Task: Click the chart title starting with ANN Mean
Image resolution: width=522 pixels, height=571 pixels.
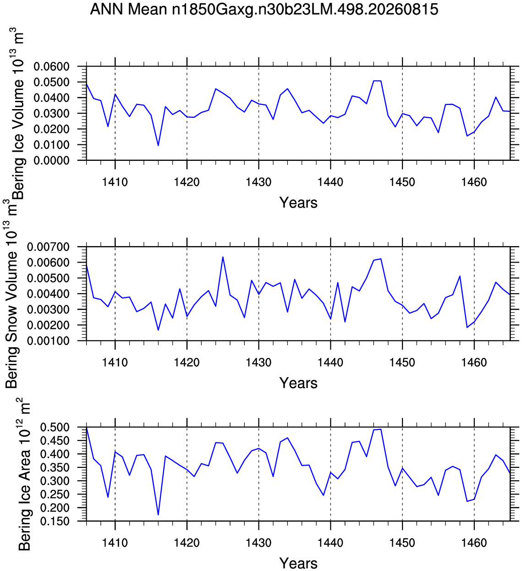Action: point(264,10)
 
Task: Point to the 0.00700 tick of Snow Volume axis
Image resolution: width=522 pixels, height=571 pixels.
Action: point(49,247)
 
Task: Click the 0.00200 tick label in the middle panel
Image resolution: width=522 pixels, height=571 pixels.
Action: point(49,325)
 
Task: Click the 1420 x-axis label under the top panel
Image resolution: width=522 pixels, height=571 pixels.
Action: point(187,182)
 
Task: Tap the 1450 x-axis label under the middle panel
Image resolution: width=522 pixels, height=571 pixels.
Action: point(402,362)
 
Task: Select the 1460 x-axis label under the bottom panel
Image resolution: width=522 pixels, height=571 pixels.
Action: point(474,543)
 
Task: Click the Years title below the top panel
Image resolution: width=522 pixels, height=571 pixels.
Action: point(298,203)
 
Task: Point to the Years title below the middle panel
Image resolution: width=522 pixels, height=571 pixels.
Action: point(298,383)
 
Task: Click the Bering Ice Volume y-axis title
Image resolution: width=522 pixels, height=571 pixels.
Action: point(18,114)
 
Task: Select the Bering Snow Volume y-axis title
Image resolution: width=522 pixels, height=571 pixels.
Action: point(11,294)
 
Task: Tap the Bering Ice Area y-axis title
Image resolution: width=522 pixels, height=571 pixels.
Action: point(24,474)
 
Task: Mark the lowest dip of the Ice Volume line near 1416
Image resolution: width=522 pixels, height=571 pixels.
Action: point(158,145)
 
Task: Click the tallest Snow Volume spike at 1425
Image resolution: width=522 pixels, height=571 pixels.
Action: point(223,257)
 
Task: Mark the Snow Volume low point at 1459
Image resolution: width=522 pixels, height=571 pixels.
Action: point(467,327)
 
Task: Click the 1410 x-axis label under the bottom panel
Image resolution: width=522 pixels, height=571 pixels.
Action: point(115,543)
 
